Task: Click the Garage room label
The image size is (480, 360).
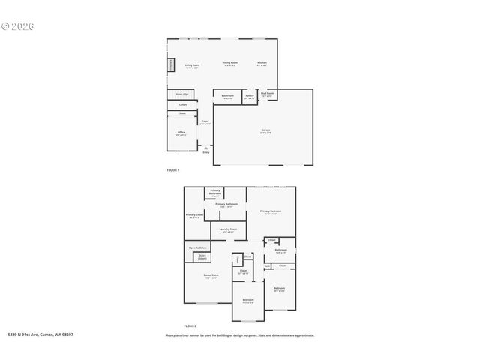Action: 265,131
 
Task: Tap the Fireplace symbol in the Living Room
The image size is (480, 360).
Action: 170,65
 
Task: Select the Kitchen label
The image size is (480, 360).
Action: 262,63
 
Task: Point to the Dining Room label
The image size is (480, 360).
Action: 229,63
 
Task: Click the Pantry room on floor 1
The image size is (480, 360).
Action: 249,96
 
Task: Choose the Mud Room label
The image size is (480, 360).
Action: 267,94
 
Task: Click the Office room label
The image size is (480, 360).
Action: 181,133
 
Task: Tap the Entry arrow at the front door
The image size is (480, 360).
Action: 205,149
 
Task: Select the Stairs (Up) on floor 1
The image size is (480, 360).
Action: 181,94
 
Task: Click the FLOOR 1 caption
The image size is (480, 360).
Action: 174,171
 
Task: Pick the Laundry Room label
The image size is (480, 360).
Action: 228,230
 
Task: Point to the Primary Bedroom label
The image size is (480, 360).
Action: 271,212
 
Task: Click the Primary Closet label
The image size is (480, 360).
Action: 194,215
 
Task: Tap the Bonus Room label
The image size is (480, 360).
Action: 211,276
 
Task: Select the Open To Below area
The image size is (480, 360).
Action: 198,247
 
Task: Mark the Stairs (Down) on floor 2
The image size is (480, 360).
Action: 202,257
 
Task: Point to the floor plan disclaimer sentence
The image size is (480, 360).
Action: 240,335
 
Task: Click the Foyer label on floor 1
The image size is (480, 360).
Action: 205,121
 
